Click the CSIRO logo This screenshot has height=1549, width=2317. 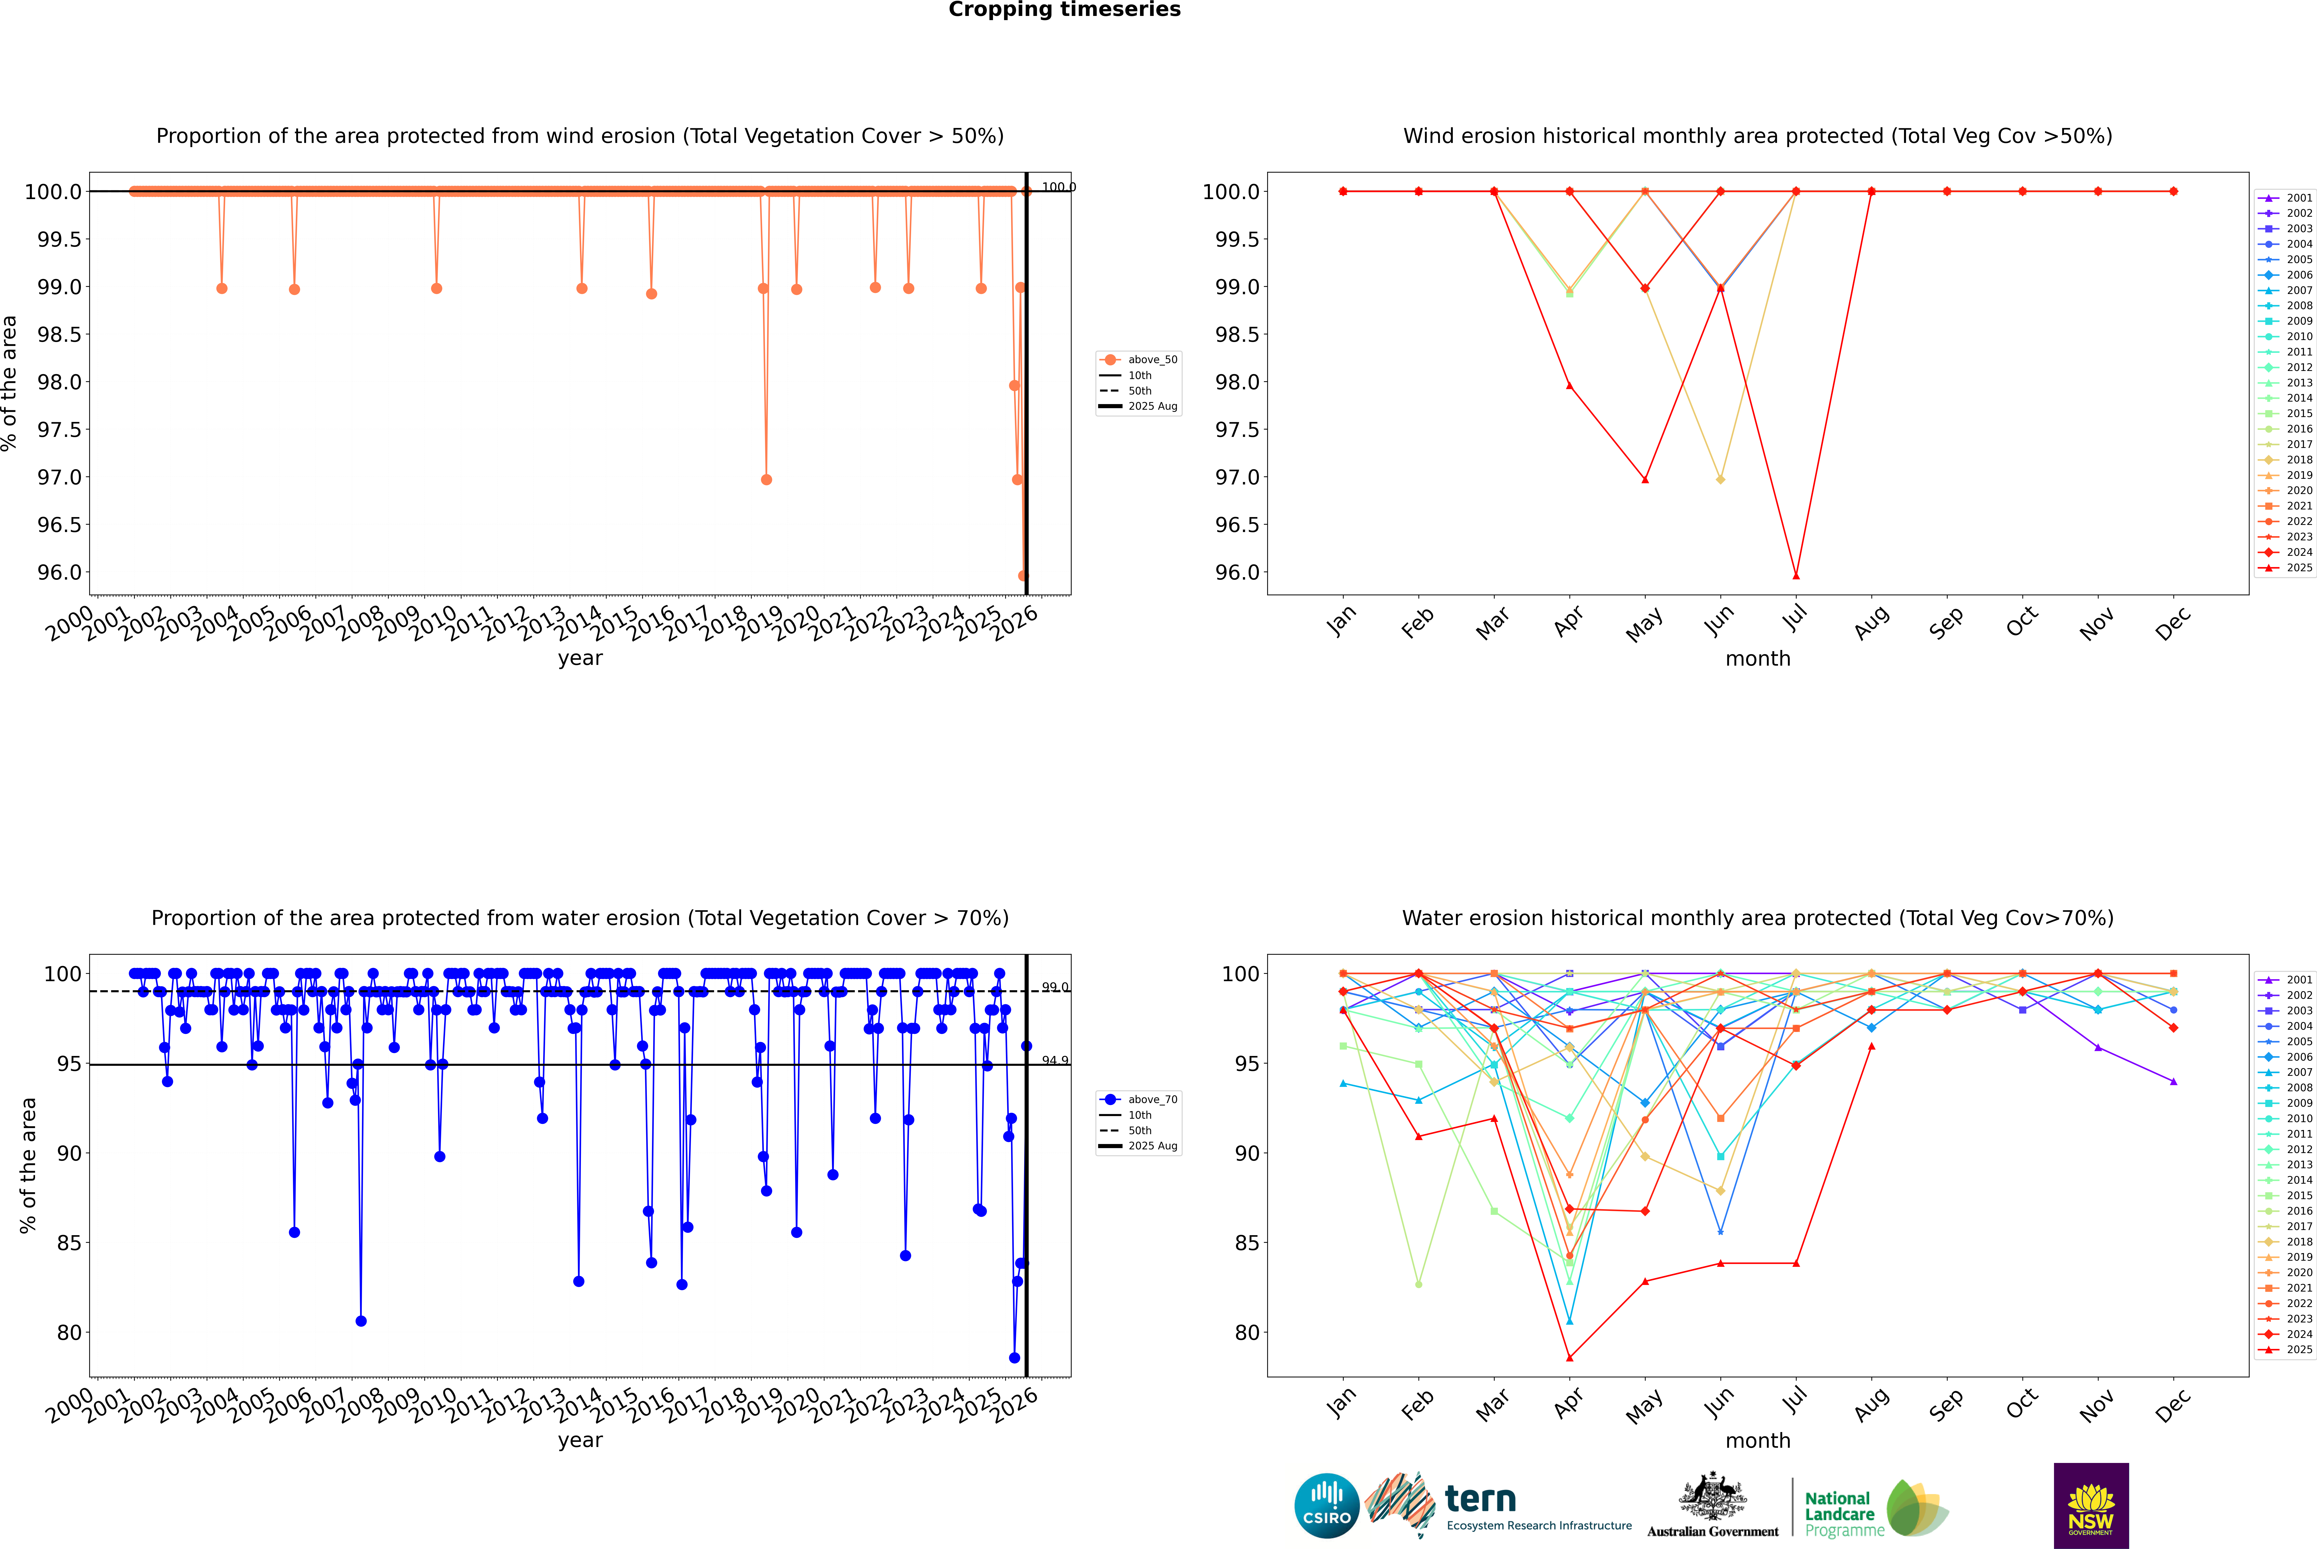[1327, 1506]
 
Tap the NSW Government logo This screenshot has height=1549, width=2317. [2091, 1506]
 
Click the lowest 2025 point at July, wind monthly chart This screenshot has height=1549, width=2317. [1795, 576]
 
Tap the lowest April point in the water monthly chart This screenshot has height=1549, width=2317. [1569, 1357]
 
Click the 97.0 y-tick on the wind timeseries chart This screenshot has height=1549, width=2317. [59, 477]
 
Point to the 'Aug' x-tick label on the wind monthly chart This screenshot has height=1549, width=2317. [1872, 622]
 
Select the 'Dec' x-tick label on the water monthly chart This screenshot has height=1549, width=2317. [2173, 1405]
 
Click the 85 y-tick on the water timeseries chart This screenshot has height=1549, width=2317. [69, 1243]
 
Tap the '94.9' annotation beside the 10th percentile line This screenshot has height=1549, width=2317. [1055, 1060]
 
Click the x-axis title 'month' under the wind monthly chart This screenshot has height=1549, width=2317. [1757, 659]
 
